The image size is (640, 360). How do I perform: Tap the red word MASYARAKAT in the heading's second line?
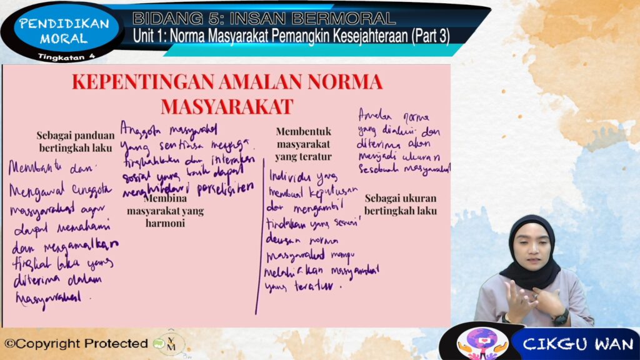point(227,106)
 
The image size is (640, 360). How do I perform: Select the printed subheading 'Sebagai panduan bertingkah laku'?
point(75,142)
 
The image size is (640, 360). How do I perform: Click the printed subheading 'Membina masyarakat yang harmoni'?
point(165,211)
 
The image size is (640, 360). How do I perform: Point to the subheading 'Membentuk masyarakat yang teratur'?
point(303,144)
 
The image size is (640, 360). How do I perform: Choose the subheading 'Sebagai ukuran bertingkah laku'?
point(401,204)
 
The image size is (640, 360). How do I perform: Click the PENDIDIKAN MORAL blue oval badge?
point(64,31)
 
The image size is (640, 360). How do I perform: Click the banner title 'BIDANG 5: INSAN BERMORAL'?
point(264,17)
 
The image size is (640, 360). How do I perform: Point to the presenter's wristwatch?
point(560,317)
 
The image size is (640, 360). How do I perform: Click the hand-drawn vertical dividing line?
point(258,250)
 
